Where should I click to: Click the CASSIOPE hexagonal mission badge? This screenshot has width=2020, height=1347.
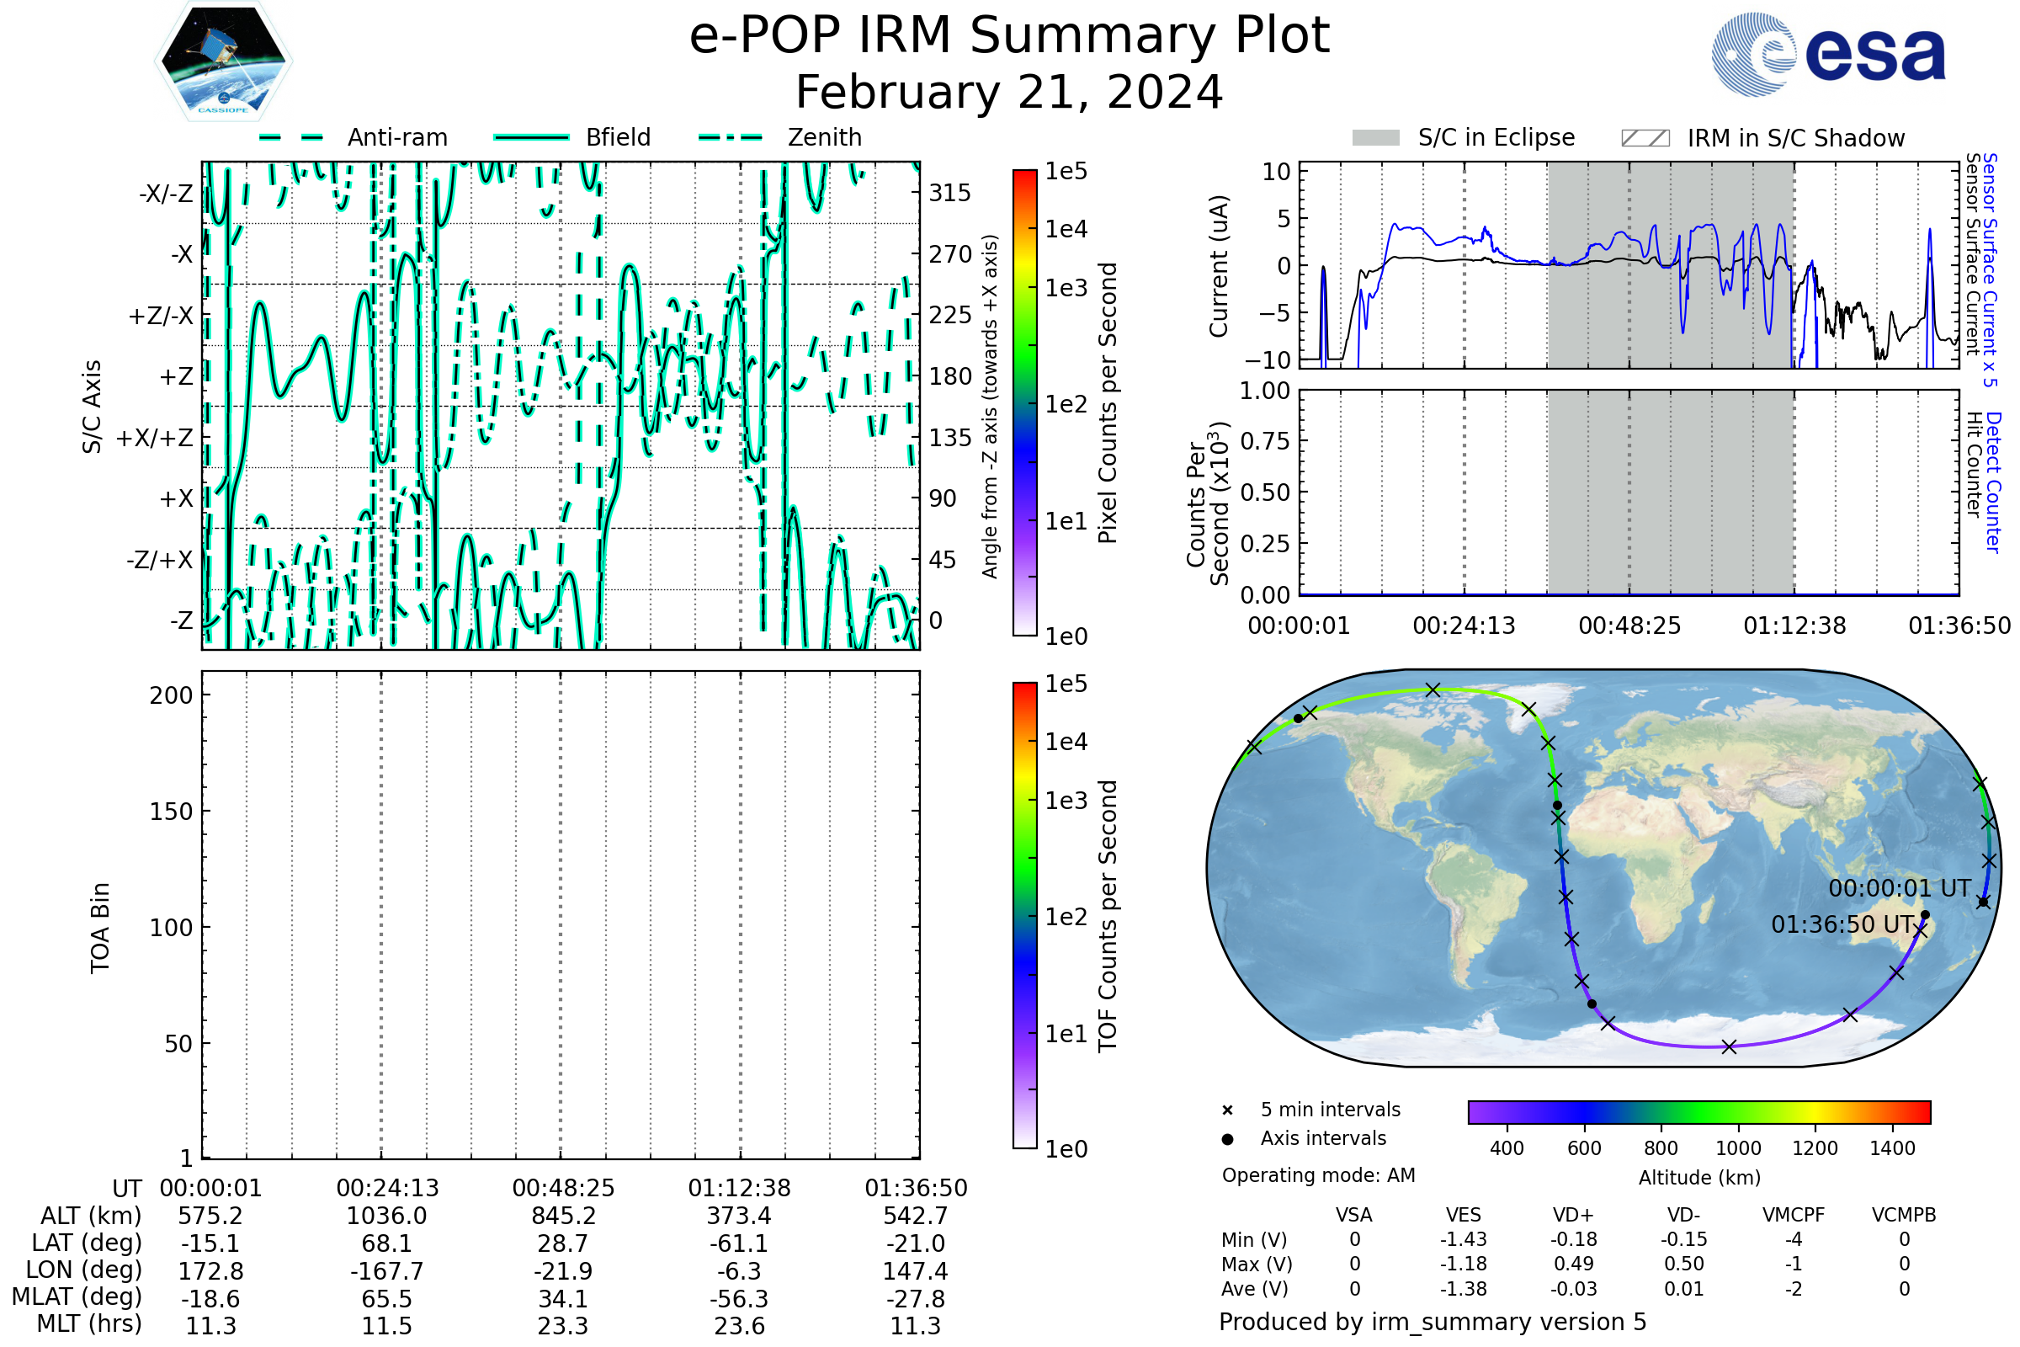(x=223, y=60)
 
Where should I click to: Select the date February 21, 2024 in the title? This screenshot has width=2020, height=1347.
(x=1008, y=93)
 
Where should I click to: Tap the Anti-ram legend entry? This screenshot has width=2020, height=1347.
(x=396, y=137)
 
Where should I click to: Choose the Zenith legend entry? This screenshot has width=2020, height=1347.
(x=824, y=137)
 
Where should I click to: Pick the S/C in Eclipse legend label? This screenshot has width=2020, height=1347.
(x=1496, y=137)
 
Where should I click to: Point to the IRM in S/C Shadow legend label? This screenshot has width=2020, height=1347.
(x=1795, y=138)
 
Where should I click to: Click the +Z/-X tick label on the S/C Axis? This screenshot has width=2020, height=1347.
(x=161, y=317)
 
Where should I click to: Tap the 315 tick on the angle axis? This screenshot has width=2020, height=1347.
(x=949, y=193)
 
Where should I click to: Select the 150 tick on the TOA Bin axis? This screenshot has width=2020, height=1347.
(x=171, y=812)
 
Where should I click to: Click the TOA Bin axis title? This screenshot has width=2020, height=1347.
(x=100, y=928)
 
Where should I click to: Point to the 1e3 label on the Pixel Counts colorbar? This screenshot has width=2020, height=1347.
(x=1066, y=288)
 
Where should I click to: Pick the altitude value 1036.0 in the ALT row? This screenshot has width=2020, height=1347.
(x=386, y=1217)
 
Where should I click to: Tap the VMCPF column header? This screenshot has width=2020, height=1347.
(x=1793, y=1216)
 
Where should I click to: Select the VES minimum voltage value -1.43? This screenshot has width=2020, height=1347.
(x=1463, y=1239)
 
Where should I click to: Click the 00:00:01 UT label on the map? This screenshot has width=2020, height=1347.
(x=1899, y=889)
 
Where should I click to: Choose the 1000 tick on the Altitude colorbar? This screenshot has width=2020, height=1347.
(x=1737, y=1148)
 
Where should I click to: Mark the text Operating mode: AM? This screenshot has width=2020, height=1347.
(x=1318, y=1175)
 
